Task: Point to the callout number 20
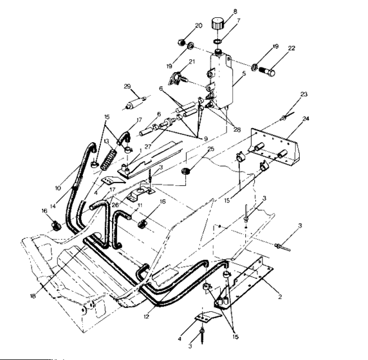click(198, 25)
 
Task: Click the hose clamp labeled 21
click(174, 79)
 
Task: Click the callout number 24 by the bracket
click(305, 118)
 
